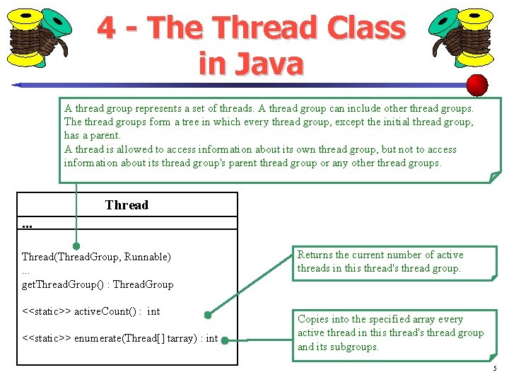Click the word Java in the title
pyautogui.click(x=271, y=63)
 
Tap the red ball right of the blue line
pyautogui.click(x=478, y=85)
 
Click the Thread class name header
pyautogui.click(x=127, y=205)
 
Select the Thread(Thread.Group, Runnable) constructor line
pyautogui.click(x=96, y=257)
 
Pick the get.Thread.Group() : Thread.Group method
pyautogui.click(x=98, y=284)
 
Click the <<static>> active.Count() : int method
pyautogui.click(x=90, y=311)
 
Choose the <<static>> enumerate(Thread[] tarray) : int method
pyautogui.click(x=119, y=339)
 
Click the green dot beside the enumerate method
pyautogui.click(x=224, y=340)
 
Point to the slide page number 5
pyautogui.click(x=495, y=369)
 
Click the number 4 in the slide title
pyautogui.click(x=107, y=28)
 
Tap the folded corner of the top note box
pyautogui.click(x=494, y=177)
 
